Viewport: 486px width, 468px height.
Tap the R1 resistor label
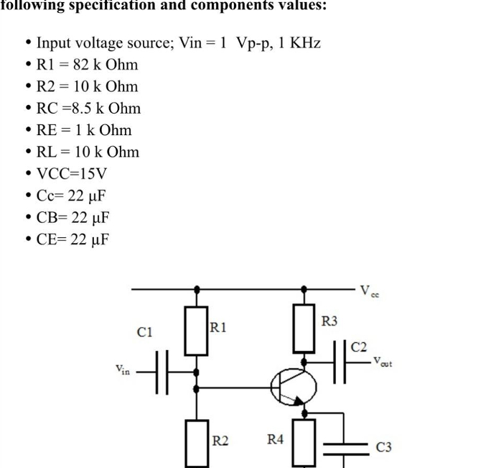pos(219,327)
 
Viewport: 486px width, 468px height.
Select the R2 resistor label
pos(220,439)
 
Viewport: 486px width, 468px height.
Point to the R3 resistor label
pos(330,321)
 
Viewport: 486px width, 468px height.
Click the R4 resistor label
pos(276,439)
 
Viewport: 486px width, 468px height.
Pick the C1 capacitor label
pos(145,331)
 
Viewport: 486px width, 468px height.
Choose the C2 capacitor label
pos(359,347)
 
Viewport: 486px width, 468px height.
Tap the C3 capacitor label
pos(384,447)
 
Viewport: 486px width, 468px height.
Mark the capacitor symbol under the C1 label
pos(162,371)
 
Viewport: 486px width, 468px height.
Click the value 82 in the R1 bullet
pos(72,65)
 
